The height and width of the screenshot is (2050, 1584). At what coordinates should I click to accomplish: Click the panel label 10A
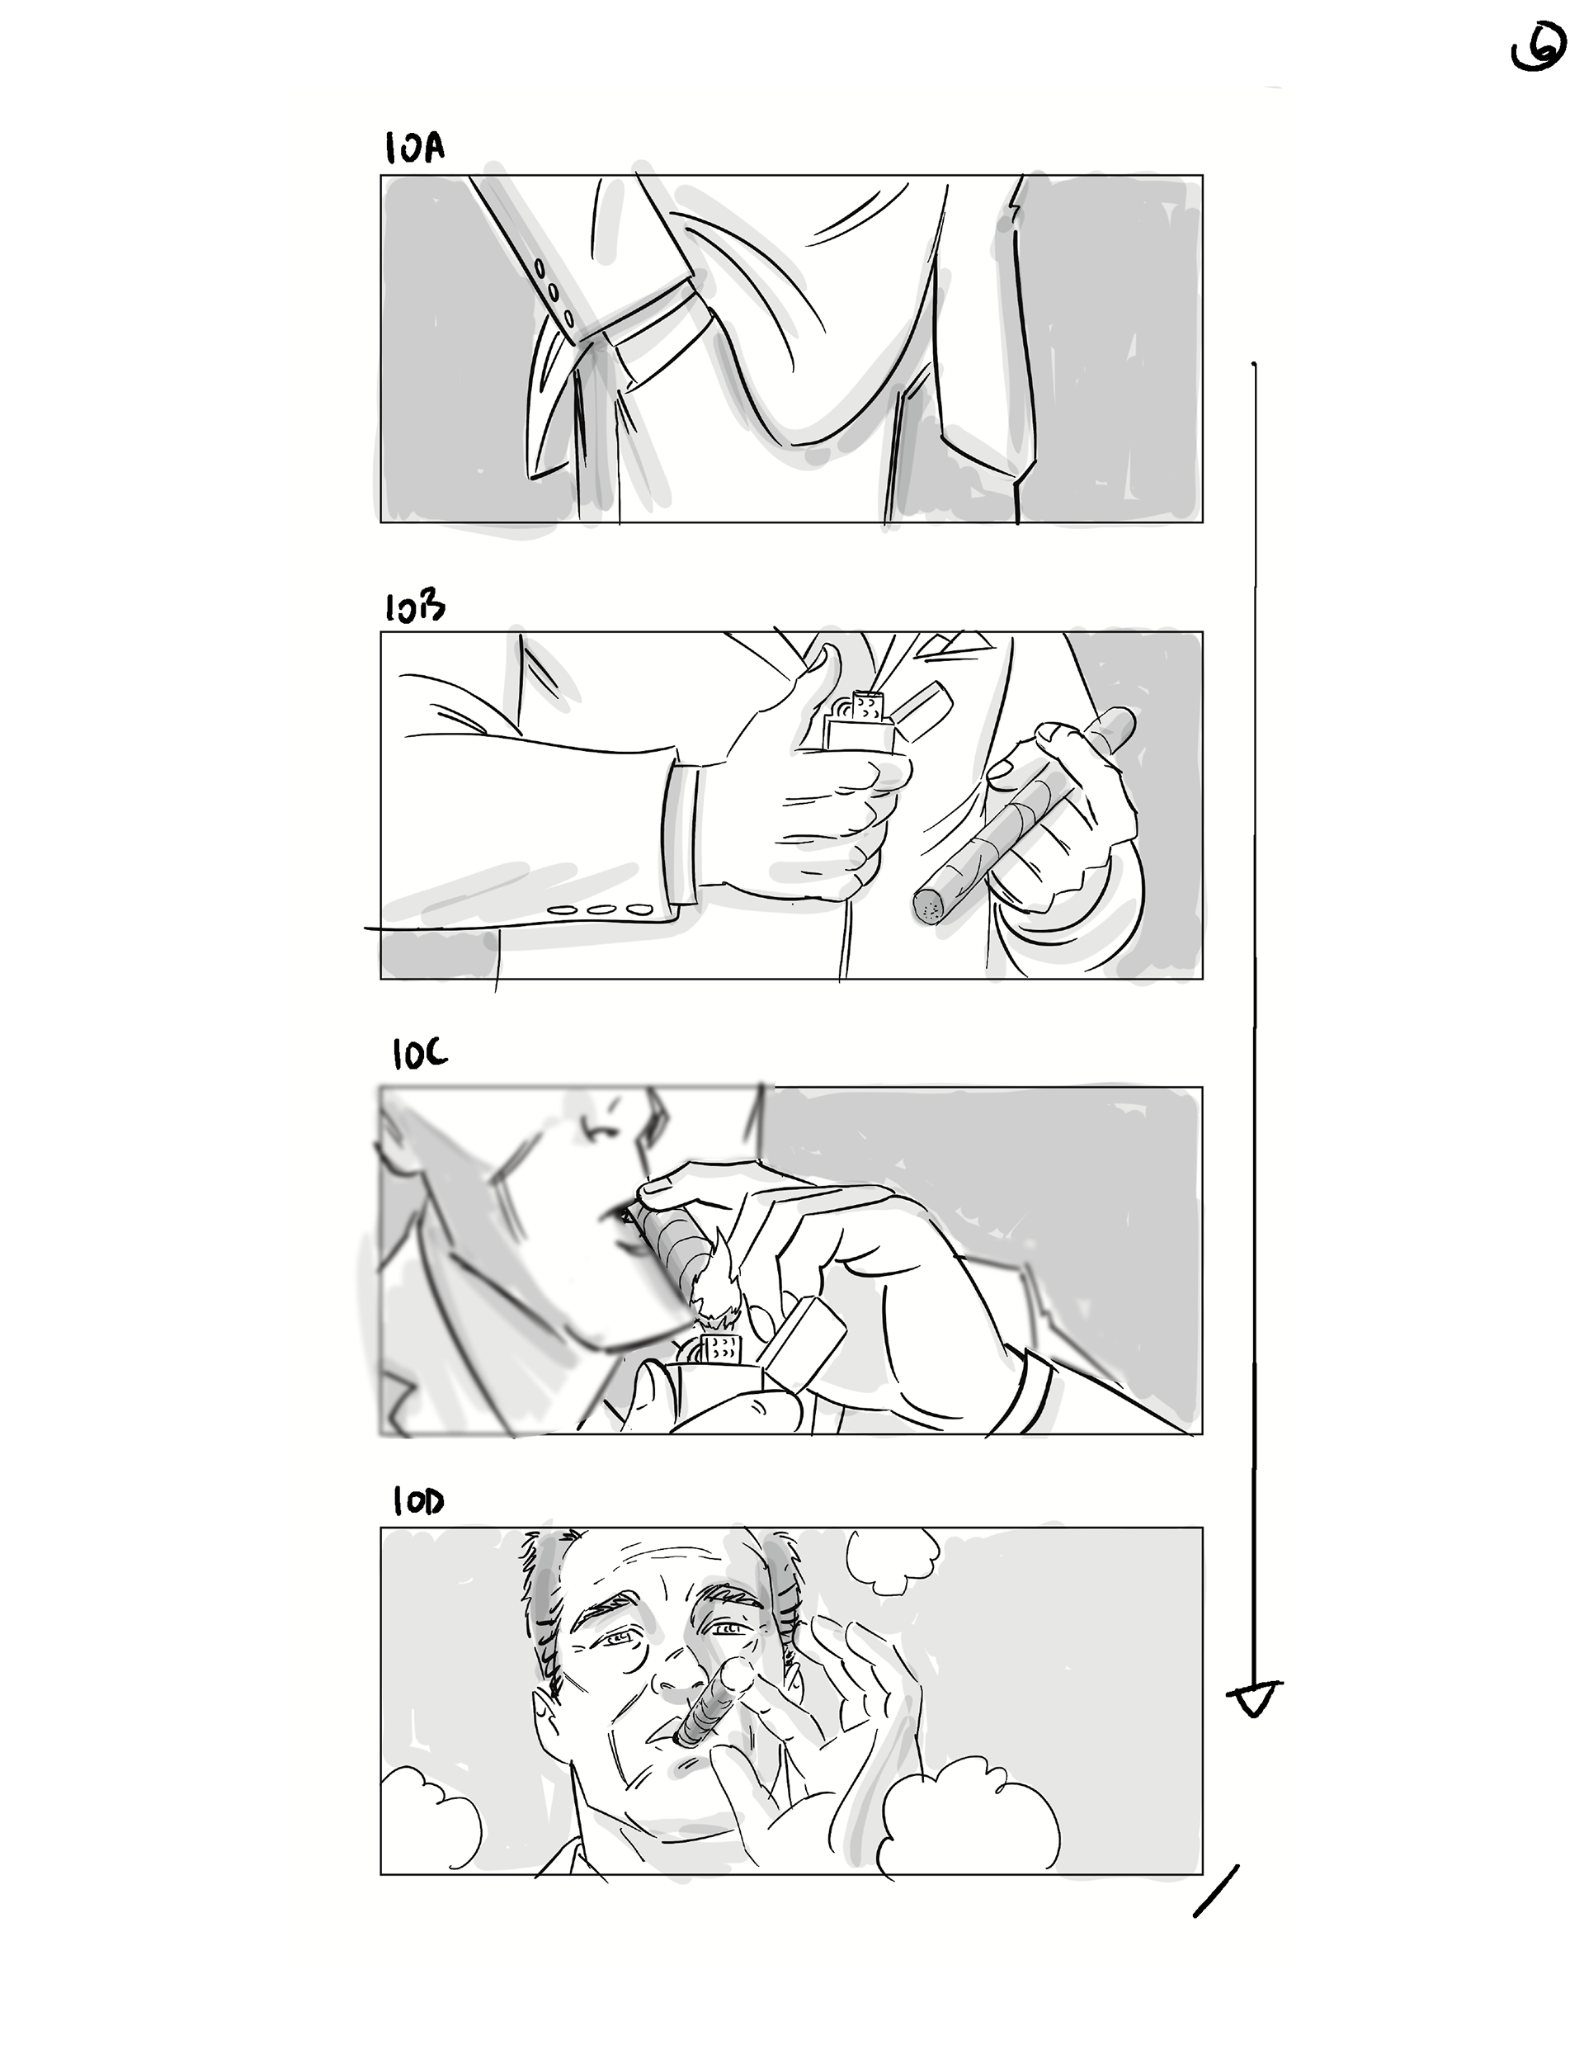coord(414,149)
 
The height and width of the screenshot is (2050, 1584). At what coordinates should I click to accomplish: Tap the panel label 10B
coord(414,607)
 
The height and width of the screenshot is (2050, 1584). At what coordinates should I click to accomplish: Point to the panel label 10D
coord(418,1503)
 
